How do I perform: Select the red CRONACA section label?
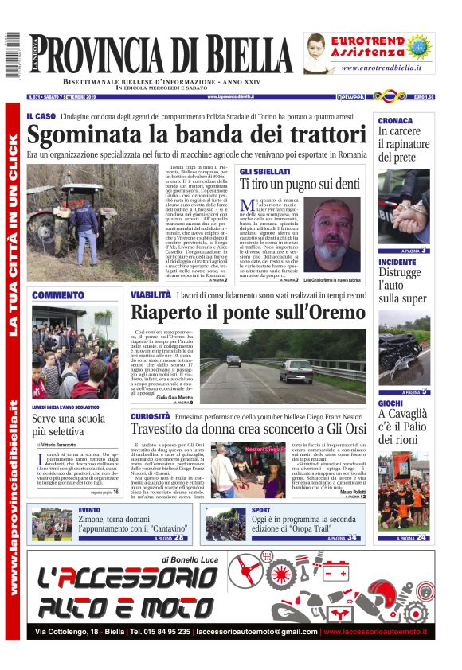coord(395,120)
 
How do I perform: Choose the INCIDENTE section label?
coord(397,262)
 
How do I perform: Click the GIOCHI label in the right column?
coord(390,403)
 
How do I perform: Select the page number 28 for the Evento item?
coord(180,538)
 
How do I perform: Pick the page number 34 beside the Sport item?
coord(352,538)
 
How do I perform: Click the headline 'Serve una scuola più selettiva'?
coord(69,425)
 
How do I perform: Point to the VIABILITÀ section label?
coord(151,295)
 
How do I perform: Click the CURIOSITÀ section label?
coord(151,416)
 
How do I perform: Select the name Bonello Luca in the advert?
coord(202,561)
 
